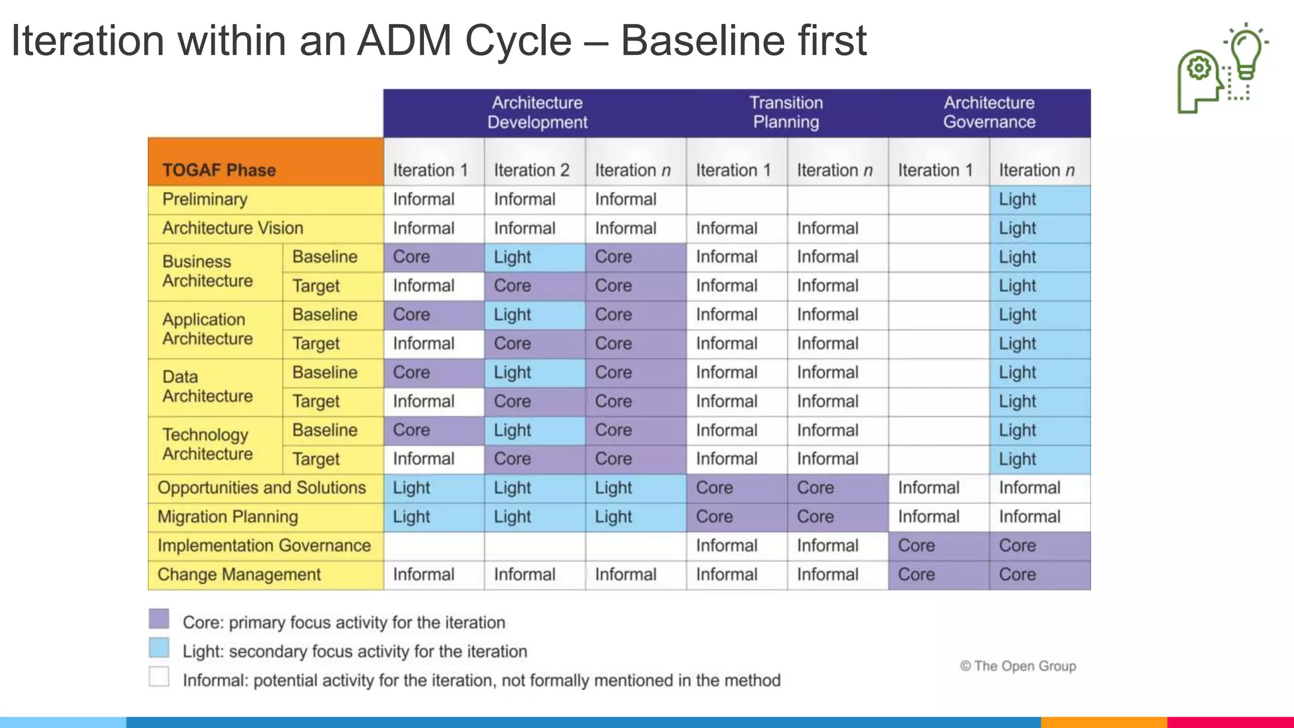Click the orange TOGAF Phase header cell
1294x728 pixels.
pyautogui.click(x=265, y=162)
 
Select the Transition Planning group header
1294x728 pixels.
pyautogui.click(x=787, y=112)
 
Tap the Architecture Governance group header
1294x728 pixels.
pyautogui.click(x=989, y=112)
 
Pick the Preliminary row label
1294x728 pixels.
pyautogui.click(x=205, y=199)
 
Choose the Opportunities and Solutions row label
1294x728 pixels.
pyautogui.click(x=262, y=488)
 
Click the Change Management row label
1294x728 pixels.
pyautogui.click(x=239, y=574)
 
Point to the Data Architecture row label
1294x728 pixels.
pyautogui.click(x=207, y=387)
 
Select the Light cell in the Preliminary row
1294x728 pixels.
pyautogui.click(x=1039, y=199)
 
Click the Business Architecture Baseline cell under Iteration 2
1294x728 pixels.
pyautogui.click(x=534, y=257)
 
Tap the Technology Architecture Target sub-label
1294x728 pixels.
pyautogui.click(x=316, y=459)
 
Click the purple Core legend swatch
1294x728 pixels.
pyautogui.click(x=159, y=619)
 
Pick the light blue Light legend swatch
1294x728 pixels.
pyautogui.click(x=159, y=648)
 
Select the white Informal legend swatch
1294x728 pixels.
pyautogui.click(x=159, y=677)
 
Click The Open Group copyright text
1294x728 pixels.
pyautogui.click(x=1018, y=666)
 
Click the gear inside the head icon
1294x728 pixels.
pyautogui.click(x=1199, y=68)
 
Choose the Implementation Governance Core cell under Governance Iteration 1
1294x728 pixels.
pyautogui.click(x=938, y=546)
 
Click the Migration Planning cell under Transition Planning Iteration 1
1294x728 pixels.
pyautogui.click(x=736, y=517)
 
